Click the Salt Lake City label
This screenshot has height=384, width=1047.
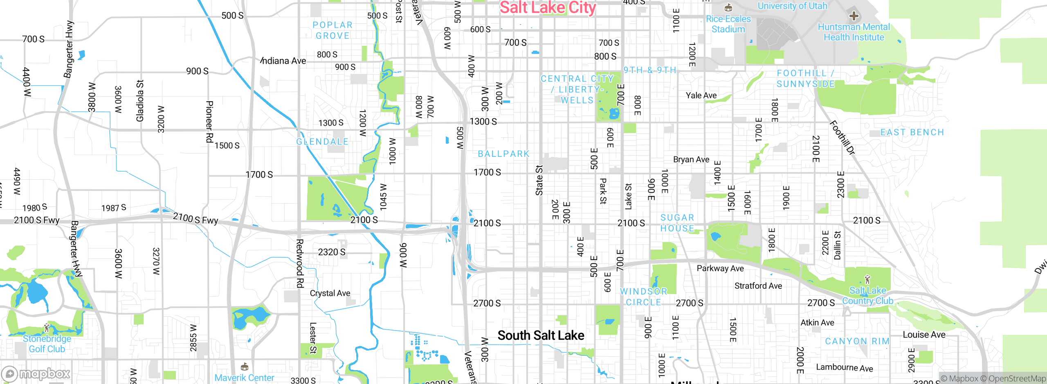[548, 8]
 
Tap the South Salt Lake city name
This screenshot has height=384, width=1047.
[541, 335]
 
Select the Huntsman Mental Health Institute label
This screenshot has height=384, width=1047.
[854, 32]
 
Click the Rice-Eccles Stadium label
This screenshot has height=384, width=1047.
[728, 24]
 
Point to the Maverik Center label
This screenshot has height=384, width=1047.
[244, 378]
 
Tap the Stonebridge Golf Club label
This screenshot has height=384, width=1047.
[47, 344]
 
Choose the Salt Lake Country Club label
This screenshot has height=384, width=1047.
[867, 296]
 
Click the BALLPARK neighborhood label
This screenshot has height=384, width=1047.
[503, 154]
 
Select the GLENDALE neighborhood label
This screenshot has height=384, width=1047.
[322, 142]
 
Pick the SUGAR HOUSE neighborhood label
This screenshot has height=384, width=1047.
[677, 223]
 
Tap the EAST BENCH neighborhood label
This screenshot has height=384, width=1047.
[912, 132]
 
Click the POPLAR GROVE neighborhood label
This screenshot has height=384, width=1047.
[333, 30]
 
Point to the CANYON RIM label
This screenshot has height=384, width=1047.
[857, 341]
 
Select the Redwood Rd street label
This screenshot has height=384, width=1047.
[300, 263]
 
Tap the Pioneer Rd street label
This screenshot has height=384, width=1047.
[209, 122]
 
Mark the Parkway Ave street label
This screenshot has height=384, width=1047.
[720, 268]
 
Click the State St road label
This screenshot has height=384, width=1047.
[539, 180]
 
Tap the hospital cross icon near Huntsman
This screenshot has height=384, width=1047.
[854, 16]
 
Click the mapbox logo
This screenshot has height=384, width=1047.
[36, 373]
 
